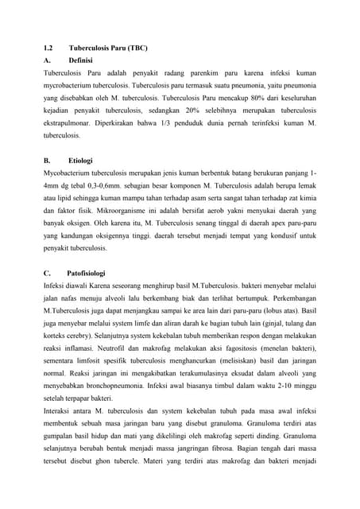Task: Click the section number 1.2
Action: [48, 48]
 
